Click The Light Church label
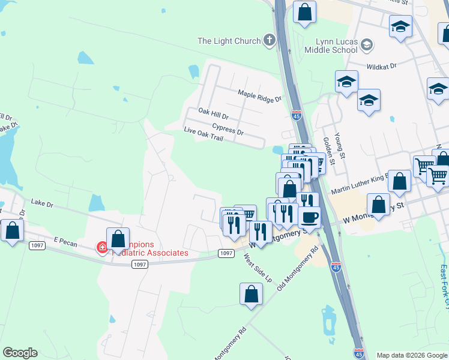click(229, 41)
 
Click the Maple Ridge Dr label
click(259, 95)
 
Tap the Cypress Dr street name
click(228, 130)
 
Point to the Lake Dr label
click(42, 205)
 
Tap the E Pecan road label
click(66, 240)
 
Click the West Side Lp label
click(257, 268)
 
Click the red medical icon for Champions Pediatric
click(101, 247)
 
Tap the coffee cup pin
click(309, 217)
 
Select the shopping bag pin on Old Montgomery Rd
click(251, 294)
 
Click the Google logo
click(20, 353)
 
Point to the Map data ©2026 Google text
click(412, 355)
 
